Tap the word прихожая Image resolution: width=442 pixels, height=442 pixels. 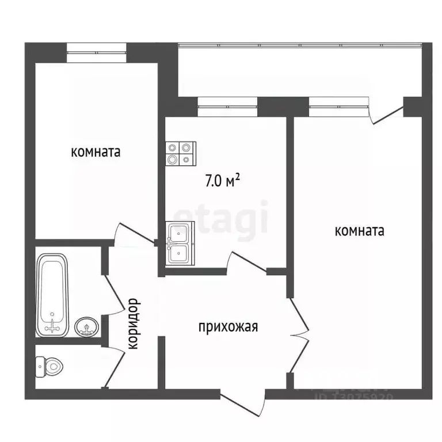[x=228, y=327]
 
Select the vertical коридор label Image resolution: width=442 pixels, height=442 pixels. [x=133, y=323]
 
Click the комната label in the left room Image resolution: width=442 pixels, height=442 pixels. [x=96, y=153]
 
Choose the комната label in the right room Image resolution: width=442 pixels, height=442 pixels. [x=360, y=231]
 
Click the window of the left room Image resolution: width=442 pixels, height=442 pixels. [x=96, y=52]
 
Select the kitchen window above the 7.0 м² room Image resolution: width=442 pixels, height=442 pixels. [x=227, y=104]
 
